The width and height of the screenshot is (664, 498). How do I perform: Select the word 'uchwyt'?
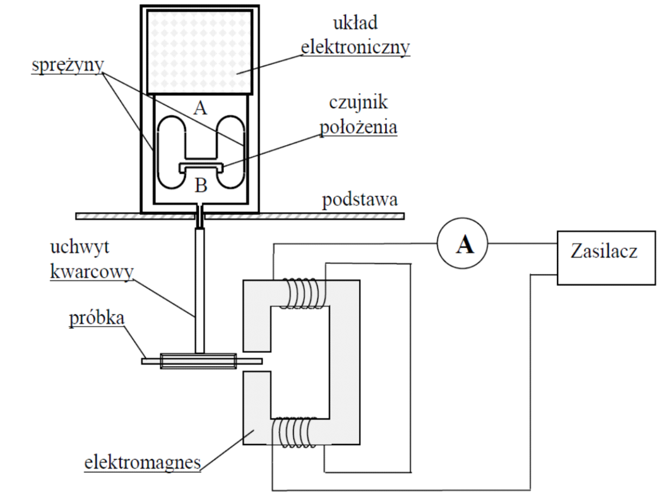(77, 249)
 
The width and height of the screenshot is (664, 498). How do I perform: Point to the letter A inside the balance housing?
(200, 108)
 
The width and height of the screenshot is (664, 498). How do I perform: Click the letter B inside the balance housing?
(201, 185)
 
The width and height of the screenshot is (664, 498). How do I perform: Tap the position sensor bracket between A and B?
(200, 167)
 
